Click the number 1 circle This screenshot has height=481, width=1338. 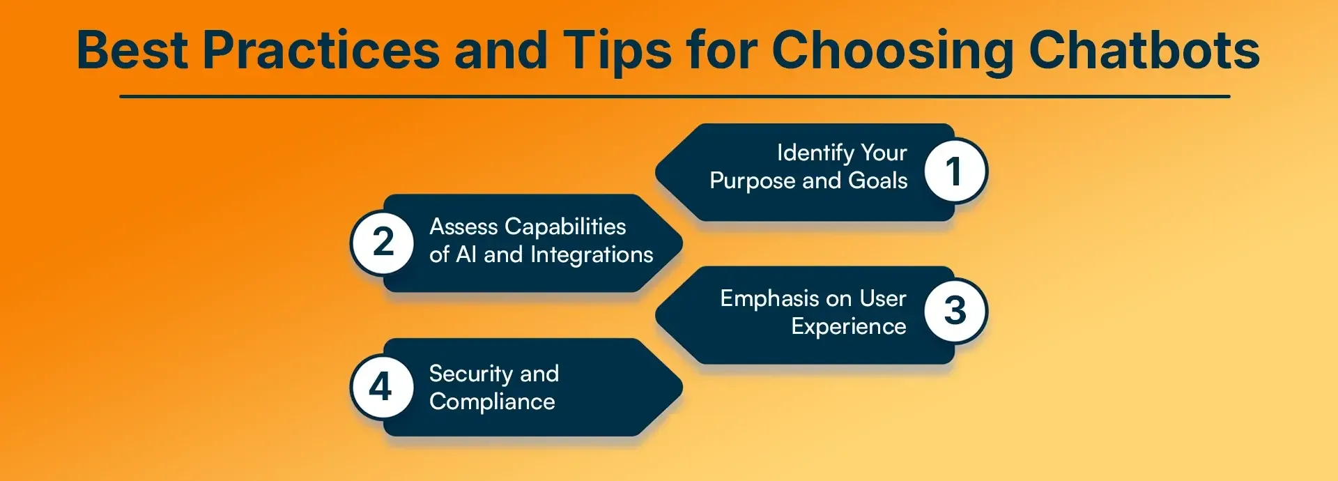(955, 171)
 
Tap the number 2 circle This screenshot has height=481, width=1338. (383, 243)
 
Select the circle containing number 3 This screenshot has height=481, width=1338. (955, 311)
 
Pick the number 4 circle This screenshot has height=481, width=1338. (380, 387)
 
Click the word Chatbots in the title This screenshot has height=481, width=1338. (1144, 50)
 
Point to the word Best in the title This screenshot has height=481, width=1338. (132, 50)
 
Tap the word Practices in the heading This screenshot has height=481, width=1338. (321, 50)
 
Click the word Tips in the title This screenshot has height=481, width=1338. (617, 50)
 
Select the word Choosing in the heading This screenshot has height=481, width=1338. (892, 50)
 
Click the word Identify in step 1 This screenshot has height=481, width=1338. (815, 153)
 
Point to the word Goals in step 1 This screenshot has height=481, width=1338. (877, 181)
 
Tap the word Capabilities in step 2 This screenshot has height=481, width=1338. (565, 227)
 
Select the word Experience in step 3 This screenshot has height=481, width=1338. (848, 326)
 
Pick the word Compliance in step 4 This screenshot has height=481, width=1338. (492, 402)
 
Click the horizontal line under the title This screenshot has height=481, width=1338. (675, 96)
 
